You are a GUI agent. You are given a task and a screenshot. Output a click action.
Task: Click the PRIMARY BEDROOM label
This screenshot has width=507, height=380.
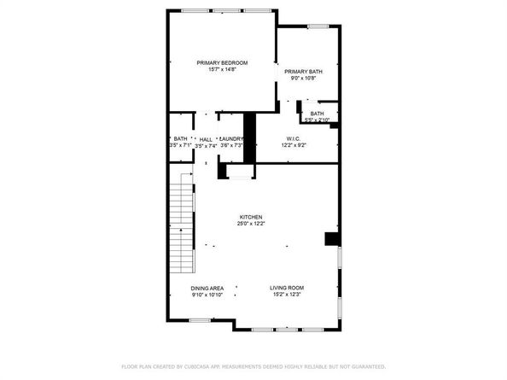tap(222, 62)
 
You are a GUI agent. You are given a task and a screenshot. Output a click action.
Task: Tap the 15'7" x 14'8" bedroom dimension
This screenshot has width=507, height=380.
tap(222, 70)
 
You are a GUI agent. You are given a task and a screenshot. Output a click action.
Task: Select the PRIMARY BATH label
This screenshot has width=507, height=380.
tap(303, 72)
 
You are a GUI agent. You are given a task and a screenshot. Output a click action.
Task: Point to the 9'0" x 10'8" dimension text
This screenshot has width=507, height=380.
tap(303, 79)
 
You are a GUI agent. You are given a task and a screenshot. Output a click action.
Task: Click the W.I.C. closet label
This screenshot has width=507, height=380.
tap(294, 138)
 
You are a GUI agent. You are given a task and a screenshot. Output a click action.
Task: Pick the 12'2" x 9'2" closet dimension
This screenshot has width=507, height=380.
tap(294, 146)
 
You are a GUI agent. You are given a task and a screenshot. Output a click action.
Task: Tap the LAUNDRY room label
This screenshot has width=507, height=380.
tap(232, 138)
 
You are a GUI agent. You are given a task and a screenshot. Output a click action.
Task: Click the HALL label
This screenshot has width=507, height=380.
tap(206, 138)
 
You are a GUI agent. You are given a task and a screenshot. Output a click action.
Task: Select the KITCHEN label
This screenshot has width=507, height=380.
tap(250, 217)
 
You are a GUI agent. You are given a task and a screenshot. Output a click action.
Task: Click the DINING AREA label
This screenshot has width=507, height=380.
tap(207, 289)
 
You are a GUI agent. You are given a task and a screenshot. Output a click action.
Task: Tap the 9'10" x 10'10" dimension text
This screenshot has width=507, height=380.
tap(207, 295)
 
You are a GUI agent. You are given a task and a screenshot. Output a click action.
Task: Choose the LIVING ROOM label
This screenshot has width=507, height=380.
tap(288, 289)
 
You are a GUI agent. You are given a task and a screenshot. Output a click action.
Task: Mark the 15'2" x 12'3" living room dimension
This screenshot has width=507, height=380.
tap(288, 295)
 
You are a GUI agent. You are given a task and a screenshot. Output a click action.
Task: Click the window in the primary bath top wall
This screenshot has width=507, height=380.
tap(318, 26)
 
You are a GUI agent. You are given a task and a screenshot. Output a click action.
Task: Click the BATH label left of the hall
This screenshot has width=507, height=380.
tap(180, 138)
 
